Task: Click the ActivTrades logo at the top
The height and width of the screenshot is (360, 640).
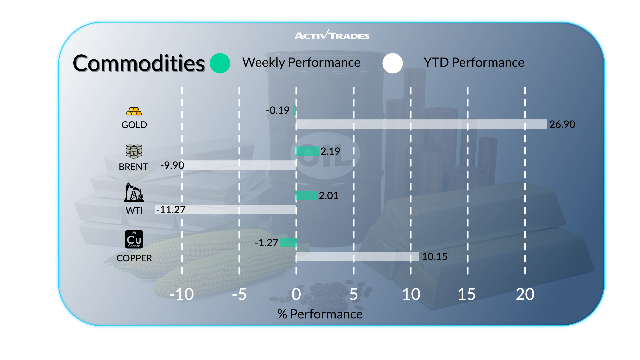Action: click(x=332, y=35)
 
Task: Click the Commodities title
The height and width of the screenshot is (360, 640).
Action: click(x=139, y=63)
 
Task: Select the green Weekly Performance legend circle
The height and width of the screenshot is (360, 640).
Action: click(x=220, y=63)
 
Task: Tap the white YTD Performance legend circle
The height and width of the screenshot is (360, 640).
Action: click(x=393, y=63)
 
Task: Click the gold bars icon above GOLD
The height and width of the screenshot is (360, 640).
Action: click(x=134, y=111)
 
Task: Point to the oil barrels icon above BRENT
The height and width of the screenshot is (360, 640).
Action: click(x=134, y=151)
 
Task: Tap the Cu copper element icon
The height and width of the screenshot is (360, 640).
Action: click(x=134, y=239)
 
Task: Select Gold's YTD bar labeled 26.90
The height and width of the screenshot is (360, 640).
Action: click(x=421, y=124)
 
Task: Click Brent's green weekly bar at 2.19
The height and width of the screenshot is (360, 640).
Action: click(x=308, y=151)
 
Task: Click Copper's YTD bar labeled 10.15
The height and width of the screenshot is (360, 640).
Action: click(x=357, y=256)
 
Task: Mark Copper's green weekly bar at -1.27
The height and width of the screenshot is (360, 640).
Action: click(x=288, y=242)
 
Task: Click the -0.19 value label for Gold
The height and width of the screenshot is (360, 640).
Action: click(x=278, y=110)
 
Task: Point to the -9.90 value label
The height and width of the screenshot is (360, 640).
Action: click(x=172, y=165)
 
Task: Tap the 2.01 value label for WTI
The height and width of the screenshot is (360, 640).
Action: click(x=329, y=196)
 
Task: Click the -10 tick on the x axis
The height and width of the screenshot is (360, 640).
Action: click(x=181, y=294)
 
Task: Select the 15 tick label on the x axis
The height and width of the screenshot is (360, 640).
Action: click(x=467, y=294)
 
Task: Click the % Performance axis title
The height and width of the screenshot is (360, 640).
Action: click(x=320, y=314)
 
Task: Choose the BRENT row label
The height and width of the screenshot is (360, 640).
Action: click(x=133, y=167)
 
